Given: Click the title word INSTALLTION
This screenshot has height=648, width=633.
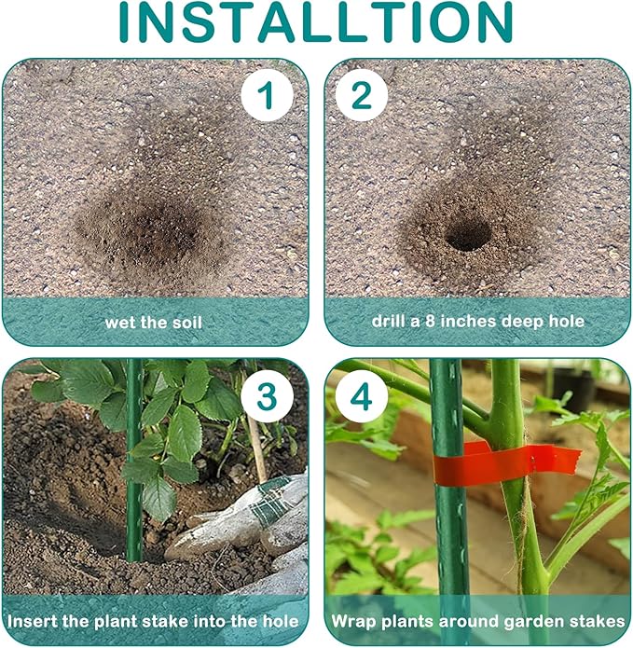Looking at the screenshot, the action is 316,21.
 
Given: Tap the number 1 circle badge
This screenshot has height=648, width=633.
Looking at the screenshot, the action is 267,95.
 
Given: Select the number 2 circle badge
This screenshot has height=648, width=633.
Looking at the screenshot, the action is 362,95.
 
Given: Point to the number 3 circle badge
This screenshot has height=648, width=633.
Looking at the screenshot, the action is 267,395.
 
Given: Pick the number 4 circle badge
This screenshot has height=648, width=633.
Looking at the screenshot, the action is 362,395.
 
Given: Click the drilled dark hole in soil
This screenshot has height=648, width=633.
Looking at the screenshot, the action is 467,236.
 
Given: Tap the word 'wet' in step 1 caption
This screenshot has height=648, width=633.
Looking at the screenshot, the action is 119,323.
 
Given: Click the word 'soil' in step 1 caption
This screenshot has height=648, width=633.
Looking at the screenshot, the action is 187,322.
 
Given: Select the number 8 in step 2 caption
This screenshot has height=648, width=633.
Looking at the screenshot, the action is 430,321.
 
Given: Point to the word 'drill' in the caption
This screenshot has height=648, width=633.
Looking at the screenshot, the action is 387,321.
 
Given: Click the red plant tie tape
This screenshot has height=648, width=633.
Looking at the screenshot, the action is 506,462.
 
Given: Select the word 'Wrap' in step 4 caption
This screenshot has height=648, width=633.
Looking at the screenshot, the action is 353,622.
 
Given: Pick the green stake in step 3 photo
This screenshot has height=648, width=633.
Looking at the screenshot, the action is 134,460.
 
